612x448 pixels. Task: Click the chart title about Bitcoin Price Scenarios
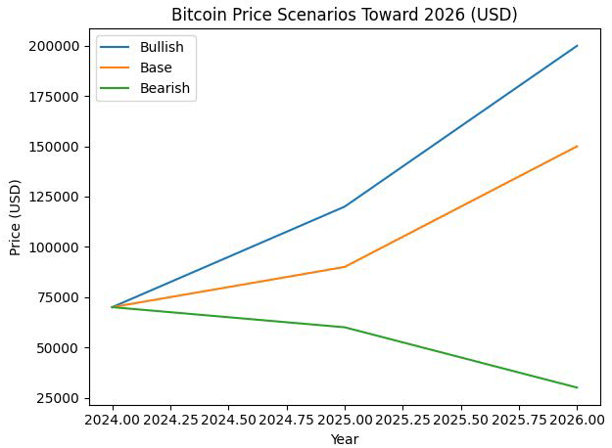pyautogui.click(x=344, y=15)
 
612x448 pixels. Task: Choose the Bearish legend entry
pyautogui.click(x=165, y=88)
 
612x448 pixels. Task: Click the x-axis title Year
pyautogui.click(x=345, y=439)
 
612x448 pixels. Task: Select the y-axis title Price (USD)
pyautogui.click(x=15, y=217)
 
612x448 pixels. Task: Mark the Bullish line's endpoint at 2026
pyautogui.click(x=577, y=46)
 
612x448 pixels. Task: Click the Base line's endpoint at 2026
pyautogui.click(x=577, y=147)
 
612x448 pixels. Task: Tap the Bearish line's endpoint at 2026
pyautogui.click(x=577, y=387)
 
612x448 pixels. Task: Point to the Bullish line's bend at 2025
pyautogui.click(x=345, y=206)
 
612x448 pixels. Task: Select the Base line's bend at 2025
pyautogui.click(x=345, y=267)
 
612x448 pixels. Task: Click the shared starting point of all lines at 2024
pyautogui.click(x=113, y=307)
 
